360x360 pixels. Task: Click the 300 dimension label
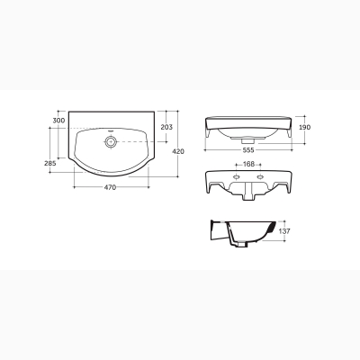(x=58, y=121)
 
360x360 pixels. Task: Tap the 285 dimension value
(x=50, y=164)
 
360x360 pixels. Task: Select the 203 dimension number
(x=166, y=127)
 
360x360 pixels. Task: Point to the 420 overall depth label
(x=178, y=151)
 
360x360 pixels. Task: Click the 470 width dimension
(x=110, y=187)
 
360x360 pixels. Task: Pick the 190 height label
(x=305, y=127)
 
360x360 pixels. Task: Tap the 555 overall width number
(x=248, y=149)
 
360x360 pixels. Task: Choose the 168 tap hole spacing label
(x=248, y=164)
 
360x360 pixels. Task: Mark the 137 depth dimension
(x=284, y=231)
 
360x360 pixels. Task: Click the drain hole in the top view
(x=111, y=141)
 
